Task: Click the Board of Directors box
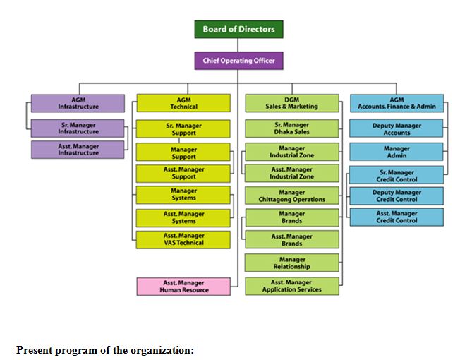click(239, 29)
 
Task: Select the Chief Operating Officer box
click(239, 61)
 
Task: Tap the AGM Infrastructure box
click(78, 103)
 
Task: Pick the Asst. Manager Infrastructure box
click(78, 150)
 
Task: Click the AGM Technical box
click(183, 103)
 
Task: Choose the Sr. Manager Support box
click(183, 128)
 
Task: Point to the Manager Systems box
click(183, 195)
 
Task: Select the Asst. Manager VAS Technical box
click(183, 239)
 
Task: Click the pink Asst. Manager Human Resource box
click(183, 286)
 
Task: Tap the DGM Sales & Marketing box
click(291, 103)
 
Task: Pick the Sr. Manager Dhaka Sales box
click(291, 128)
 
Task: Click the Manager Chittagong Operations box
click(291, 196)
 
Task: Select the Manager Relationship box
click(291, 263)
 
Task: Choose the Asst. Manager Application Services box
click(291, 286)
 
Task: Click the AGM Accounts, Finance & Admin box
click(397, 103)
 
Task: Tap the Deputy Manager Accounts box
click(397, 128)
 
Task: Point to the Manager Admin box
click(397, 152)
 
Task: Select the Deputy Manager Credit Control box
click(397, 196)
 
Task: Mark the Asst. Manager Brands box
click(291, 240)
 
